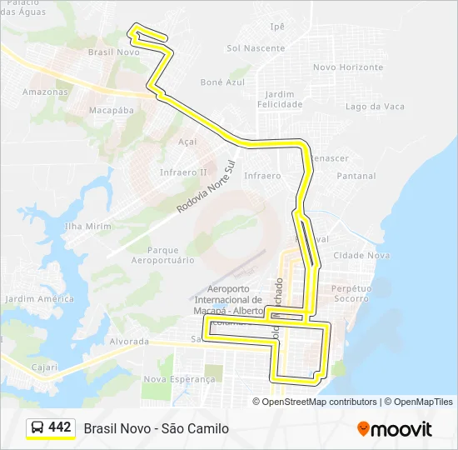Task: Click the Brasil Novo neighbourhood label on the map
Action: pos(113,52)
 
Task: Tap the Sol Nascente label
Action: pos(256,48)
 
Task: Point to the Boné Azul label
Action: pos(223,82)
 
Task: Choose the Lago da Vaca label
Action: pos(375,107)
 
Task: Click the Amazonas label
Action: pos(45,92)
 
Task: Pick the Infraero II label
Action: pos(183,172)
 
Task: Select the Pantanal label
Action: pos(356,176)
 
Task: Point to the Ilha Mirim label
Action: pos(87,226)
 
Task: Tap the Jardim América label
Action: pos(39,298)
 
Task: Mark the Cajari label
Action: pos(45,367)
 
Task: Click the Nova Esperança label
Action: pos(179,378)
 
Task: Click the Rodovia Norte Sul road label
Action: pos(207,189)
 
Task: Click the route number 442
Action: pos(60,427)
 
